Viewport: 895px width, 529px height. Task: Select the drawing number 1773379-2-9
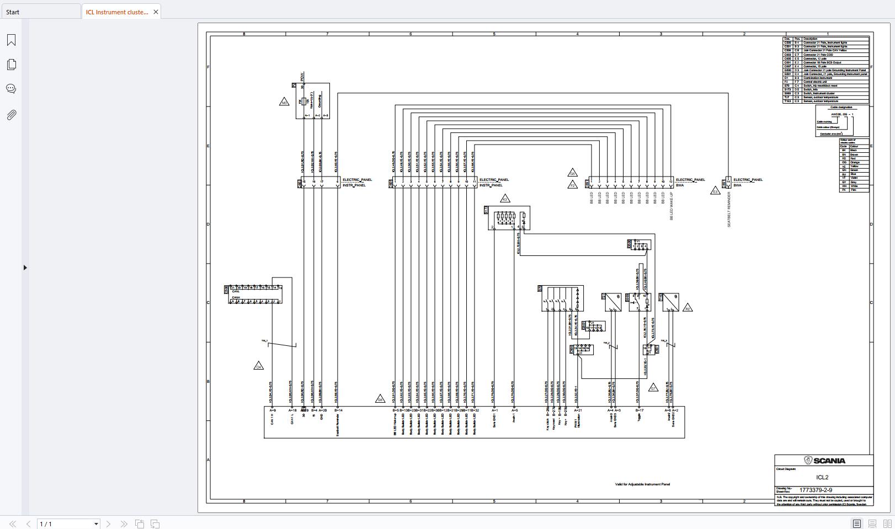point(816,490)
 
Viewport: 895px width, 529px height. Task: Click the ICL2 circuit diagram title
point(822,477)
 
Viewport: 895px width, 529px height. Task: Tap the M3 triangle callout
point(284,102)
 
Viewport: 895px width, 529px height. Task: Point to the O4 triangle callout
point(258,366)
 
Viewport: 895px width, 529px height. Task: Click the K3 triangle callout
point(504,199)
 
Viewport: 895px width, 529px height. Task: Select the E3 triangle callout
point(715,191)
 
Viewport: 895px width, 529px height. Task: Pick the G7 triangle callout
point(653,388)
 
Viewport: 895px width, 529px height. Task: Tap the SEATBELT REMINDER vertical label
point(729,210)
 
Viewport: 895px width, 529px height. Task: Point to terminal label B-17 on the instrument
point(639,410)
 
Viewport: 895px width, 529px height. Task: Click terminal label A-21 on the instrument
point(578,410)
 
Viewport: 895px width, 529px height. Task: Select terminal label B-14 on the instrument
point(338,410)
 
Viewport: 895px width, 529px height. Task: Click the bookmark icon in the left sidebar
point(11,40)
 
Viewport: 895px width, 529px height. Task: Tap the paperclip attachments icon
point(11,115)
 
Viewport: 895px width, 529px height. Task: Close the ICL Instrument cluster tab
point(156,12)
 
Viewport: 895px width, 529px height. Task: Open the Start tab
point(13,12)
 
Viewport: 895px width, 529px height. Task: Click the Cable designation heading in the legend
point(841,107)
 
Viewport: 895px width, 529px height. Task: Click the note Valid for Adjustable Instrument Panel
point(642,484)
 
